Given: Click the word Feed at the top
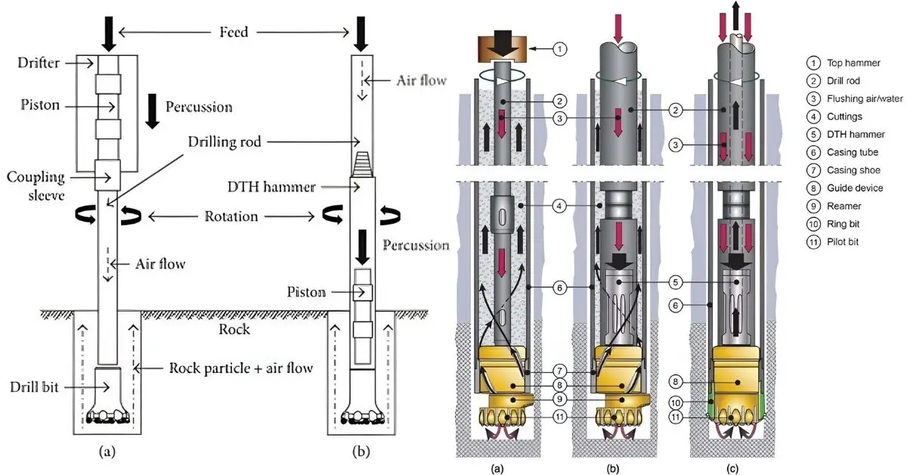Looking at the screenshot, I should (x=233, y=32).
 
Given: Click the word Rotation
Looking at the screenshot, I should (x=231, y=217).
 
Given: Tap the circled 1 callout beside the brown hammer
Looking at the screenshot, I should (x=559, y=49).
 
